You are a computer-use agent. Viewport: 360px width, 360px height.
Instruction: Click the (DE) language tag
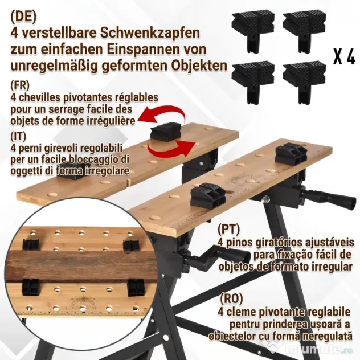pos(23,17)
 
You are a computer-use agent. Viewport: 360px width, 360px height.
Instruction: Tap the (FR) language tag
pos(20,85)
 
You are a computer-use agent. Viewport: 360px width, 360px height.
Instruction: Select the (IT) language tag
pos(18,136)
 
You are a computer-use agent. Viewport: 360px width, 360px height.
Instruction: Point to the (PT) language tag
pos(228,228)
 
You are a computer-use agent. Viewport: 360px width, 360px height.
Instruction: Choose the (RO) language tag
pos(231,298)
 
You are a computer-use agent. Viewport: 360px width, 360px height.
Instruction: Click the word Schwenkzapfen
pos(150,34)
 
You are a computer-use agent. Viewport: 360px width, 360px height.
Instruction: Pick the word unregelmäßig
pos(53,66)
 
